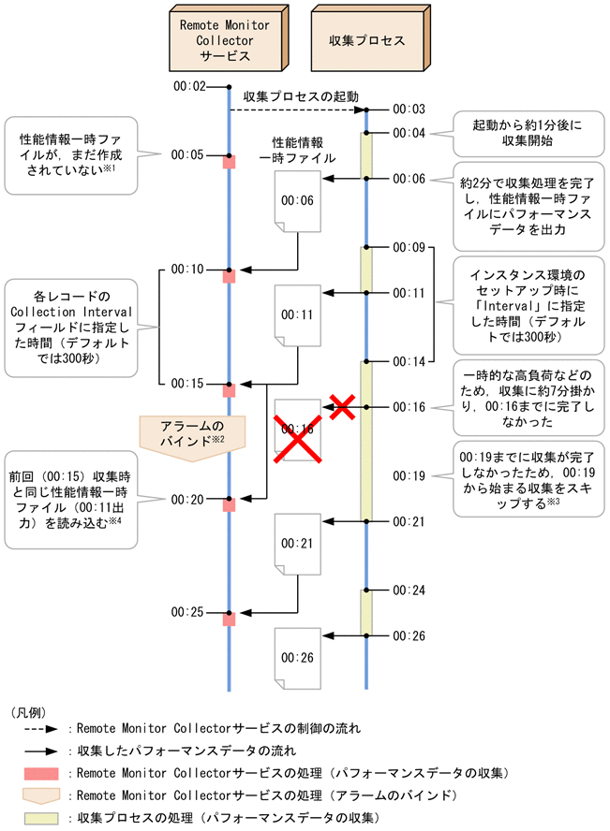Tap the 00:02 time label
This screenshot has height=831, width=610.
189,86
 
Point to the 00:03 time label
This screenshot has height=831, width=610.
409,109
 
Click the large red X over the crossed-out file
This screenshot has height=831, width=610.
292,434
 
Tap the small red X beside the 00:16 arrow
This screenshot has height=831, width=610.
343,407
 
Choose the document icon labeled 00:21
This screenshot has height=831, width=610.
293,543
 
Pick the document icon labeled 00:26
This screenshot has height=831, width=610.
293,656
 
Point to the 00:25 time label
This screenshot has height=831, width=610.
189,612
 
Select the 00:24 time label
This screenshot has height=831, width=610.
409,590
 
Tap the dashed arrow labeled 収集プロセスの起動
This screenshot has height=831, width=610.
297,109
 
